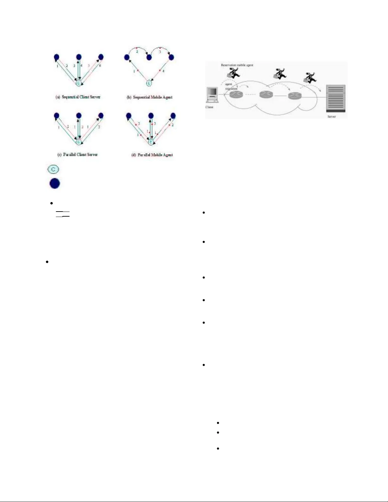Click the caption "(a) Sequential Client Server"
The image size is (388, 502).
[x=78, y=97]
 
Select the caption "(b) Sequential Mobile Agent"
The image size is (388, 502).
[x=149, y=97]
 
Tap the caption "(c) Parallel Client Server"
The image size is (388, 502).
[x=78, y=155]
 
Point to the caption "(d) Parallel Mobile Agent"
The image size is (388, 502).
[x=152, y=155]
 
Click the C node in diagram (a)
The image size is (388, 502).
[x=79, y=83]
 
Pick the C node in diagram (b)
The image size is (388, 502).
[x=149, y=83]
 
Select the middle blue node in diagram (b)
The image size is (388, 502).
[x=149, y=58]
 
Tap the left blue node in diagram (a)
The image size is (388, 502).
[x=56, y=57]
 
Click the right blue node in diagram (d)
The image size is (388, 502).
[x=173, y=116]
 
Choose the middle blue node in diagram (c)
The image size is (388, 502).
[x=79, y=116]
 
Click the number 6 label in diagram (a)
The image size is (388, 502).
[x=100, y=66]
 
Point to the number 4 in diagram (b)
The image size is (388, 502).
[x=163, y=71]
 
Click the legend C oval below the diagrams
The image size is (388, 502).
[x=53, y=169]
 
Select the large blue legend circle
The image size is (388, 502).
[x=55, y=183]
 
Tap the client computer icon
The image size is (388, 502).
[x=212, y=95]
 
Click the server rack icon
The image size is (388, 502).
[x=336, y=98]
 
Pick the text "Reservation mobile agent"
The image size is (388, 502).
[x=237, y=65]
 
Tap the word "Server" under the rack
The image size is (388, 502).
[x=332, y=117]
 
